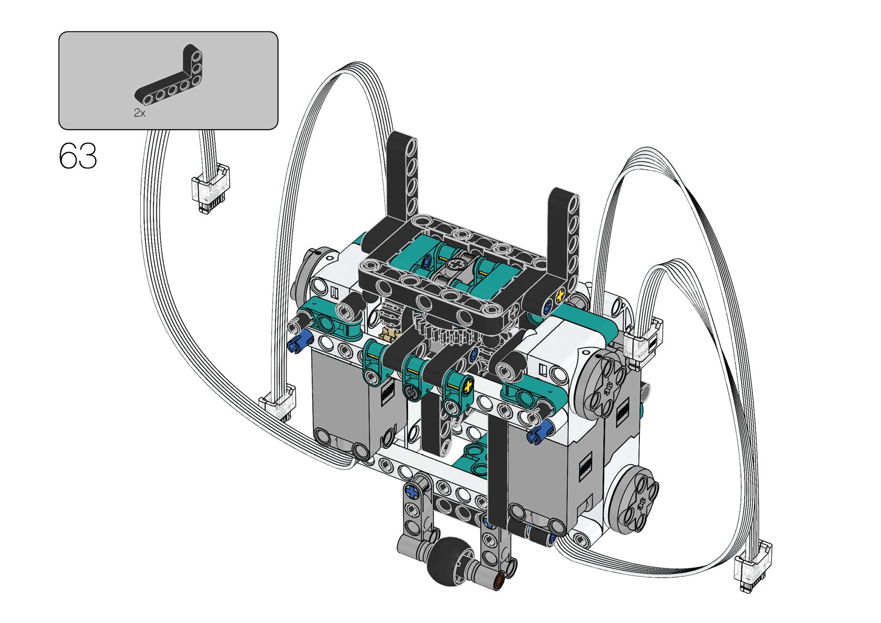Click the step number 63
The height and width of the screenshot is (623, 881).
click(x=78, y=156)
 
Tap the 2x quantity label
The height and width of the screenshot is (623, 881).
click(x=140, y=114)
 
